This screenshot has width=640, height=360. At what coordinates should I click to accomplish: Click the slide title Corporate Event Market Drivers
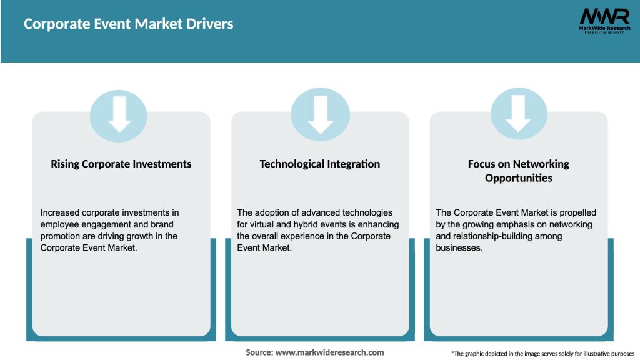128,24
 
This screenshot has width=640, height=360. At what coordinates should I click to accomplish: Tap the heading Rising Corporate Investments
121,164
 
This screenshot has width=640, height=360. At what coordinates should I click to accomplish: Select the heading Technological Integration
320,164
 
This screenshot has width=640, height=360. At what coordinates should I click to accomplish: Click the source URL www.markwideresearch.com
329,352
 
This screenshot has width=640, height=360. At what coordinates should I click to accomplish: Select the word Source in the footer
259,352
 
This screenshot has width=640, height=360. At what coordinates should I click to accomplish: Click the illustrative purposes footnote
542,354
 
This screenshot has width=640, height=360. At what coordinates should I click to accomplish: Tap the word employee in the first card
60,224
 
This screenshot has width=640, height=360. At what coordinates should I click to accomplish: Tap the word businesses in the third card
460,247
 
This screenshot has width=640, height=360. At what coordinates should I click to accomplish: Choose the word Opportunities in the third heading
519,178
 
